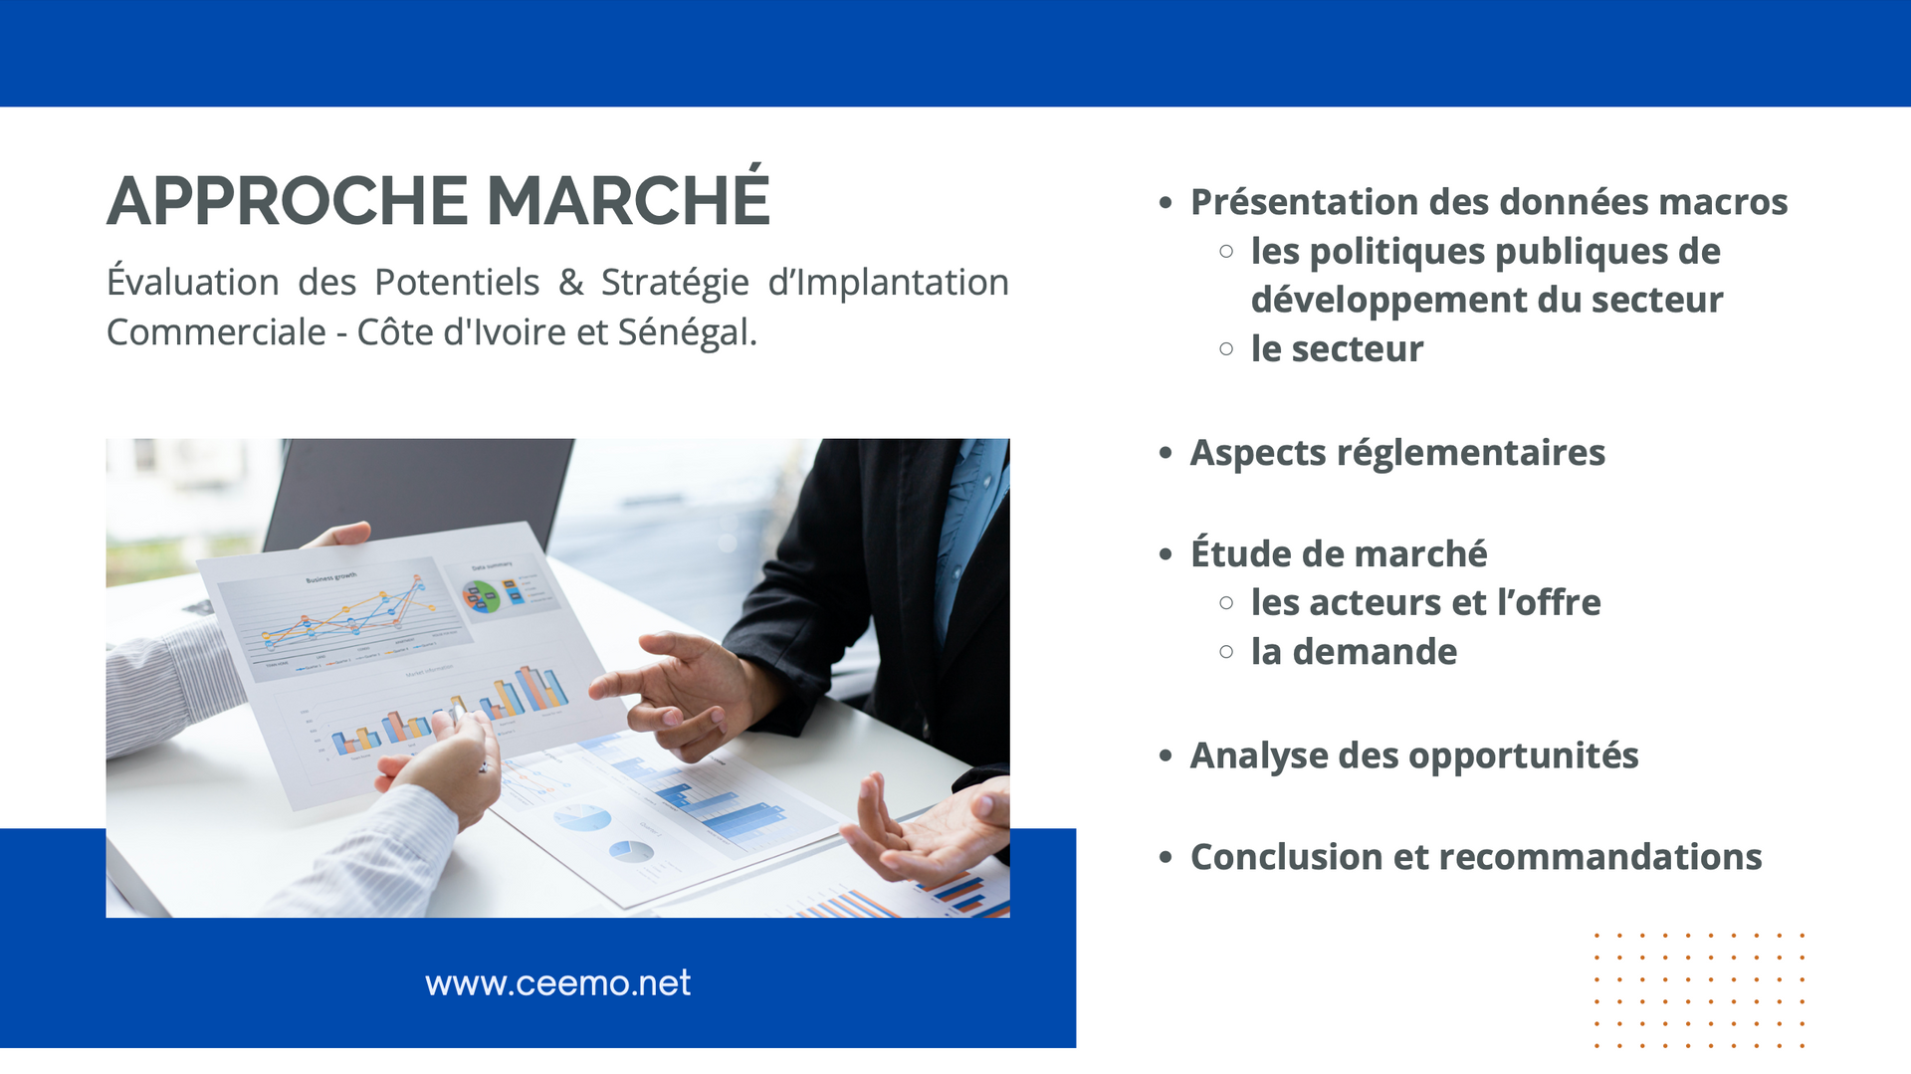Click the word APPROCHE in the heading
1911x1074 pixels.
(288, 201)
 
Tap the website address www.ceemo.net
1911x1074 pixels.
(557, 983)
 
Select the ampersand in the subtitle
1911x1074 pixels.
(570, 283)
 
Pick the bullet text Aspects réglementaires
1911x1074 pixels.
(1397, 453)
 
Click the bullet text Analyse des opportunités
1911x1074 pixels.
(1414, 755)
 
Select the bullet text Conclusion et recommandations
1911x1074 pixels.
(1476, 857)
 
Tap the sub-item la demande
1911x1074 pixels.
(1354, 652)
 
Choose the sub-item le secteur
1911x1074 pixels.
(1337, 349)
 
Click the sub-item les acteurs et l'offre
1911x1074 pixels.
(1425, 602)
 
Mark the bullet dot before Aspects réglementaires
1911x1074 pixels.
(1166, 454)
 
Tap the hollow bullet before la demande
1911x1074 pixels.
(1226, 652)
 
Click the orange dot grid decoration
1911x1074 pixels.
(1699, 990)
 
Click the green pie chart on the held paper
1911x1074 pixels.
(482, 596)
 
